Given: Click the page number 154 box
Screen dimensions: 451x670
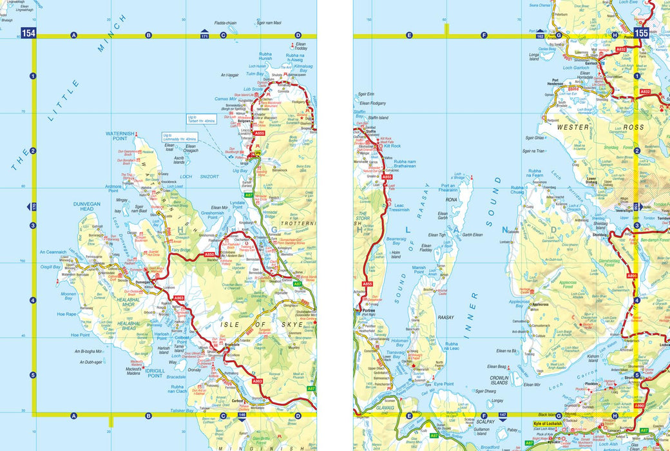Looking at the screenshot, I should pyautogui.click(x=28, y=34).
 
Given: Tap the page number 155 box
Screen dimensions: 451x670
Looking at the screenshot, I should pyautogui.click(x=641, y=34).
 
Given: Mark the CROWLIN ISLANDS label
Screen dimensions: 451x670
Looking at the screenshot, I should pyautogui.click(x=499, y=380).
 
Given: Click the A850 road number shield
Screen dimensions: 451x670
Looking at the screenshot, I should pyautogui.click(x=209, y=255).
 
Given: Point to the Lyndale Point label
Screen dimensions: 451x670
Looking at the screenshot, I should pyautogui.click(x=241, y=203).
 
